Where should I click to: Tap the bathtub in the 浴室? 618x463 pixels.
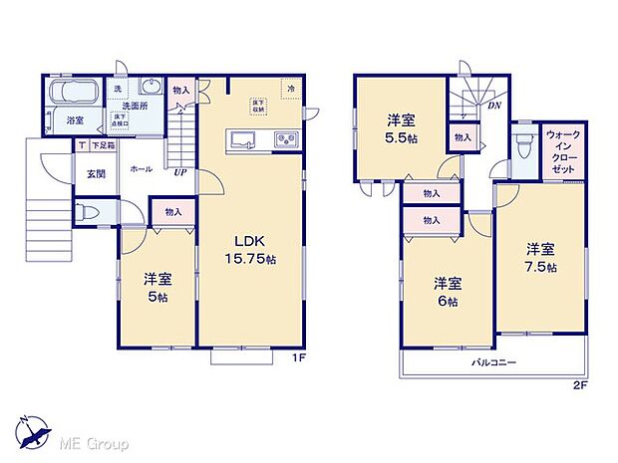70,96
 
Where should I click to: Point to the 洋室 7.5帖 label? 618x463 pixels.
541,258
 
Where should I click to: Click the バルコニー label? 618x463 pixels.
493,363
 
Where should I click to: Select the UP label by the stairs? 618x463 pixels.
179,172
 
